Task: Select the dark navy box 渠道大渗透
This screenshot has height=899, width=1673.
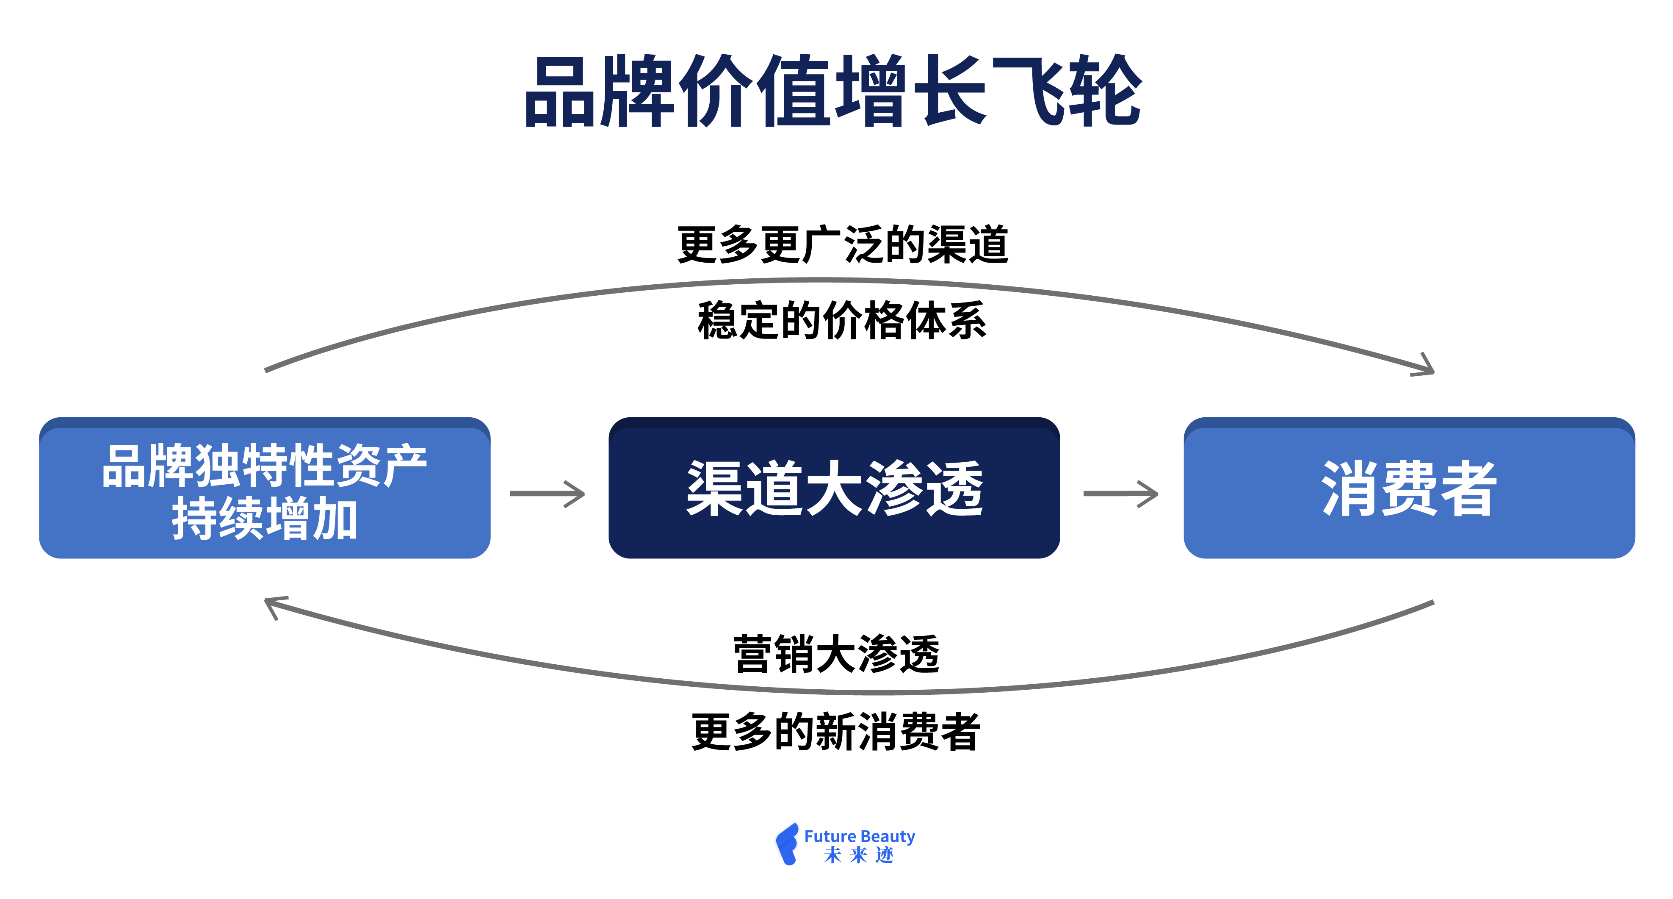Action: coord(834,488)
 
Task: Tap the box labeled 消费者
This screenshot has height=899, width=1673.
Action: coord(1409,488)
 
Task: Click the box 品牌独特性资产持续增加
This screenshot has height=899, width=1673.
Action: coord(264,488)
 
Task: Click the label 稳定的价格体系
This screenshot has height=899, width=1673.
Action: coord(842,321)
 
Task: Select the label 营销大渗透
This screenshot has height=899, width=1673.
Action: coord(837,654)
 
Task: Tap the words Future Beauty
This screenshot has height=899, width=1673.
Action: coord(859,836)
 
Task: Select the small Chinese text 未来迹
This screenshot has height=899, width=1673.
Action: coord(859,855)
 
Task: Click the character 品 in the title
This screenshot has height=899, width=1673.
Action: coord(559,92)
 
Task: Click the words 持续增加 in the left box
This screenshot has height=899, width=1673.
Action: coord(264,519)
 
